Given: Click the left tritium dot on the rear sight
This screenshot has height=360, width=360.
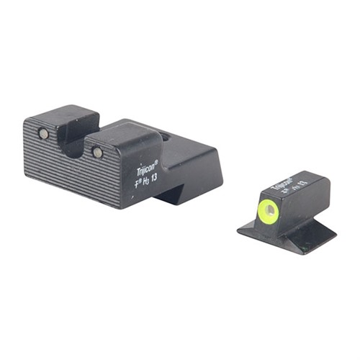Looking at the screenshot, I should (x=43, y=134).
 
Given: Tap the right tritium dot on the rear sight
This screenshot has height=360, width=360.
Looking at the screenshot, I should (x=97, y=152).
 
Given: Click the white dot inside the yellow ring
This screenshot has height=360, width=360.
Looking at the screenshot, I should (x=270, y=210).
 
